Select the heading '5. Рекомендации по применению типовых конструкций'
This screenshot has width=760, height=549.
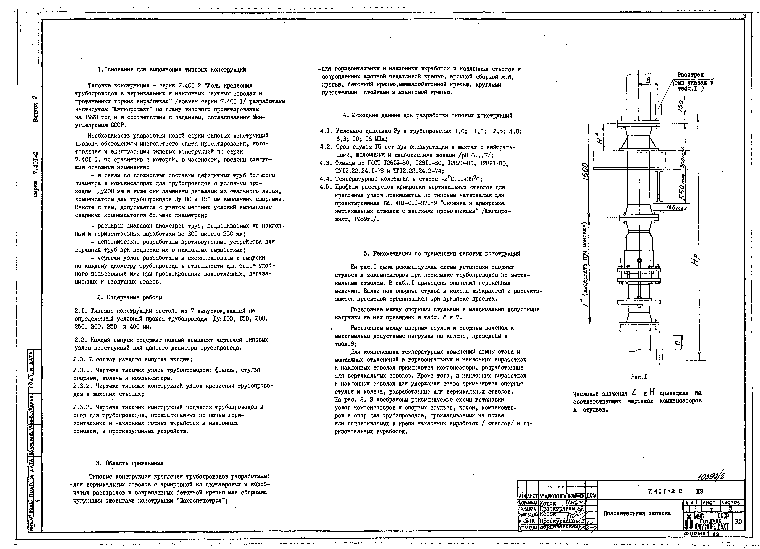click(442, 254)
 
